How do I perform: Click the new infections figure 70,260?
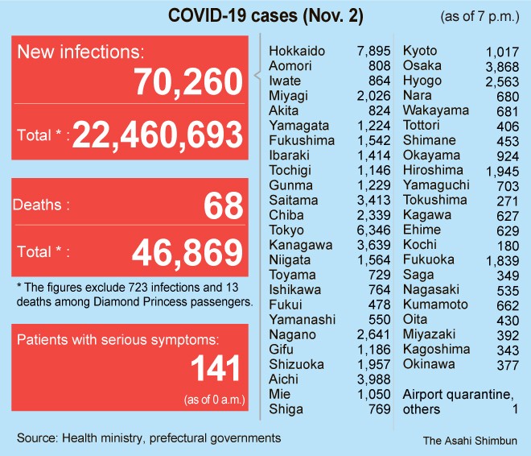click(188, 82)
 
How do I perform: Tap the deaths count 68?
click(223, 205)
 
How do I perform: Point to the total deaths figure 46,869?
click(187, 253)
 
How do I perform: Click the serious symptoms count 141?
click(215, 368)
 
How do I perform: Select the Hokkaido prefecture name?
click(297, 52)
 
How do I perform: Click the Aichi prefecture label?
click(284, 379)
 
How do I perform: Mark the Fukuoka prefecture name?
click(429, 259)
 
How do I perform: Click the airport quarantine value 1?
click(514, 409)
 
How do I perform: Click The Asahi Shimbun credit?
click(470, 441)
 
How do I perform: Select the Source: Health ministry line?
click(149, 438)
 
